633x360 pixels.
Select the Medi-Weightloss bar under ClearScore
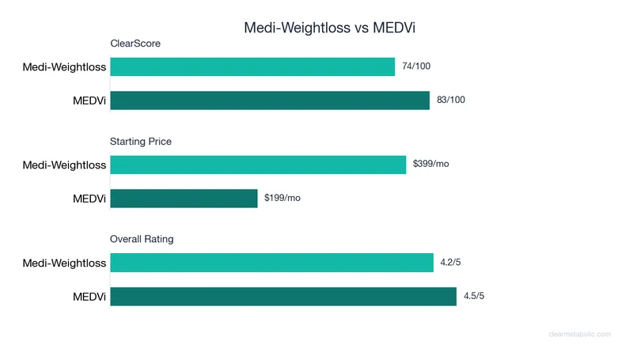click(252, 67)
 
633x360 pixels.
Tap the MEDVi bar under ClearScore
click(270, 100)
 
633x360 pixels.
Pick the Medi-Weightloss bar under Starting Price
click(258, 165)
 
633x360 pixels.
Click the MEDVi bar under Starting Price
click(184, 198)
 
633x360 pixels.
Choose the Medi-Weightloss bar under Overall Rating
click(271, 263)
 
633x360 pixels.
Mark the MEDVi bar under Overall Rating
click(283, 296)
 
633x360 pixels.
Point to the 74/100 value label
click(417, 67)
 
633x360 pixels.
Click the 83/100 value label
click(451, 100)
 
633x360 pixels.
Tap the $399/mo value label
click(430, 165)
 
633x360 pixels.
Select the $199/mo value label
click(282, 198)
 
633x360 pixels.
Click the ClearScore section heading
click(135, 44)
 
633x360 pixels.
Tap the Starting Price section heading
click(141, 142)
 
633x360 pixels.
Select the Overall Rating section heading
click(142, 239)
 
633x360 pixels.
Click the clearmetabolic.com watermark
click(579, 335)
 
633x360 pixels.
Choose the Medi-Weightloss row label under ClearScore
click(64, 67)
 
